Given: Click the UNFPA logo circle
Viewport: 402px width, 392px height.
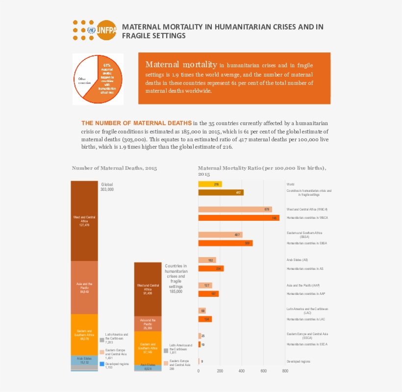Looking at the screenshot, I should coord(106,30).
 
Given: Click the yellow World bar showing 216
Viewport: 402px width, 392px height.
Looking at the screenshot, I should coord(210,184).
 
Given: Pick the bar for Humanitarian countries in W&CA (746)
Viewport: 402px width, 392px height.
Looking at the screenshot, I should coord(238,218).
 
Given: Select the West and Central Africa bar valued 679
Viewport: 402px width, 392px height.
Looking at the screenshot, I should coord(235,209).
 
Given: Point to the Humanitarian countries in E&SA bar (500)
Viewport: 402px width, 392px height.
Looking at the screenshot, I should coord(225,243).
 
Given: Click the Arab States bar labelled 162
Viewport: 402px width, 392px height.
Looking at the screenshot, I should coord(207,260).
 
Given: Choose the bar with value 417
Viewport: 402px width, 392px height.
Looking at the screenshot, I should coord(221,193).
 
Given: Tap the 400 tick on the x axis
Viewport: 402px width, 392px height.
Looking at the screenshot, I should coord(242,371).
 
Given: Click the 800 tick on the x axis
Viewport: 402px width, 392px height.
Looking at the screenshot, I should coord(285,371).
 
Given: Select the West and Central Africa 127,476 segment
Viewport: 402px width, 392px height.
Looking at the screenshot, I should coord(85,221).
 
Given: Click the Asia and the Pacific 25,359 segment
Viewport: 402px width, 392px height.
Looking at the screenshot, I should coord(148,323).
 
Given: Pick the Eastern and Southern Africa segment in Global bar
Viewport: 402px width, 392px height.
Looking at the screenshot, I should coord(85,335).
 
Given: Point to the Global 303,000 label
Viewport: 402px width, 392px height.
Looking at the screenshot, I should coord(107,187).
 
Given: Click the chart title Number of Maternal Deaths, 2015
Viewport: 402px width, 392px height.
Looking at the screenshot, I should coord(114,168).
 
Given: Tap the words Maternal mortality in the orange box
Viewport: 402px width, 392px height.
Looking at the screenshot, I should coord(181,65).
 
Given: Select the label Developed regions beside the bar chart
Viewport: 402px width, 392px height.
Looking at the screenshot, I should coord(298,362).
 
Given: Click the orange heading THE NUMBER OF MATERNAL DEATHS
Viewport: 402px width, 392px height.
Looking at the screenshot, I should coord(136,123).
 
